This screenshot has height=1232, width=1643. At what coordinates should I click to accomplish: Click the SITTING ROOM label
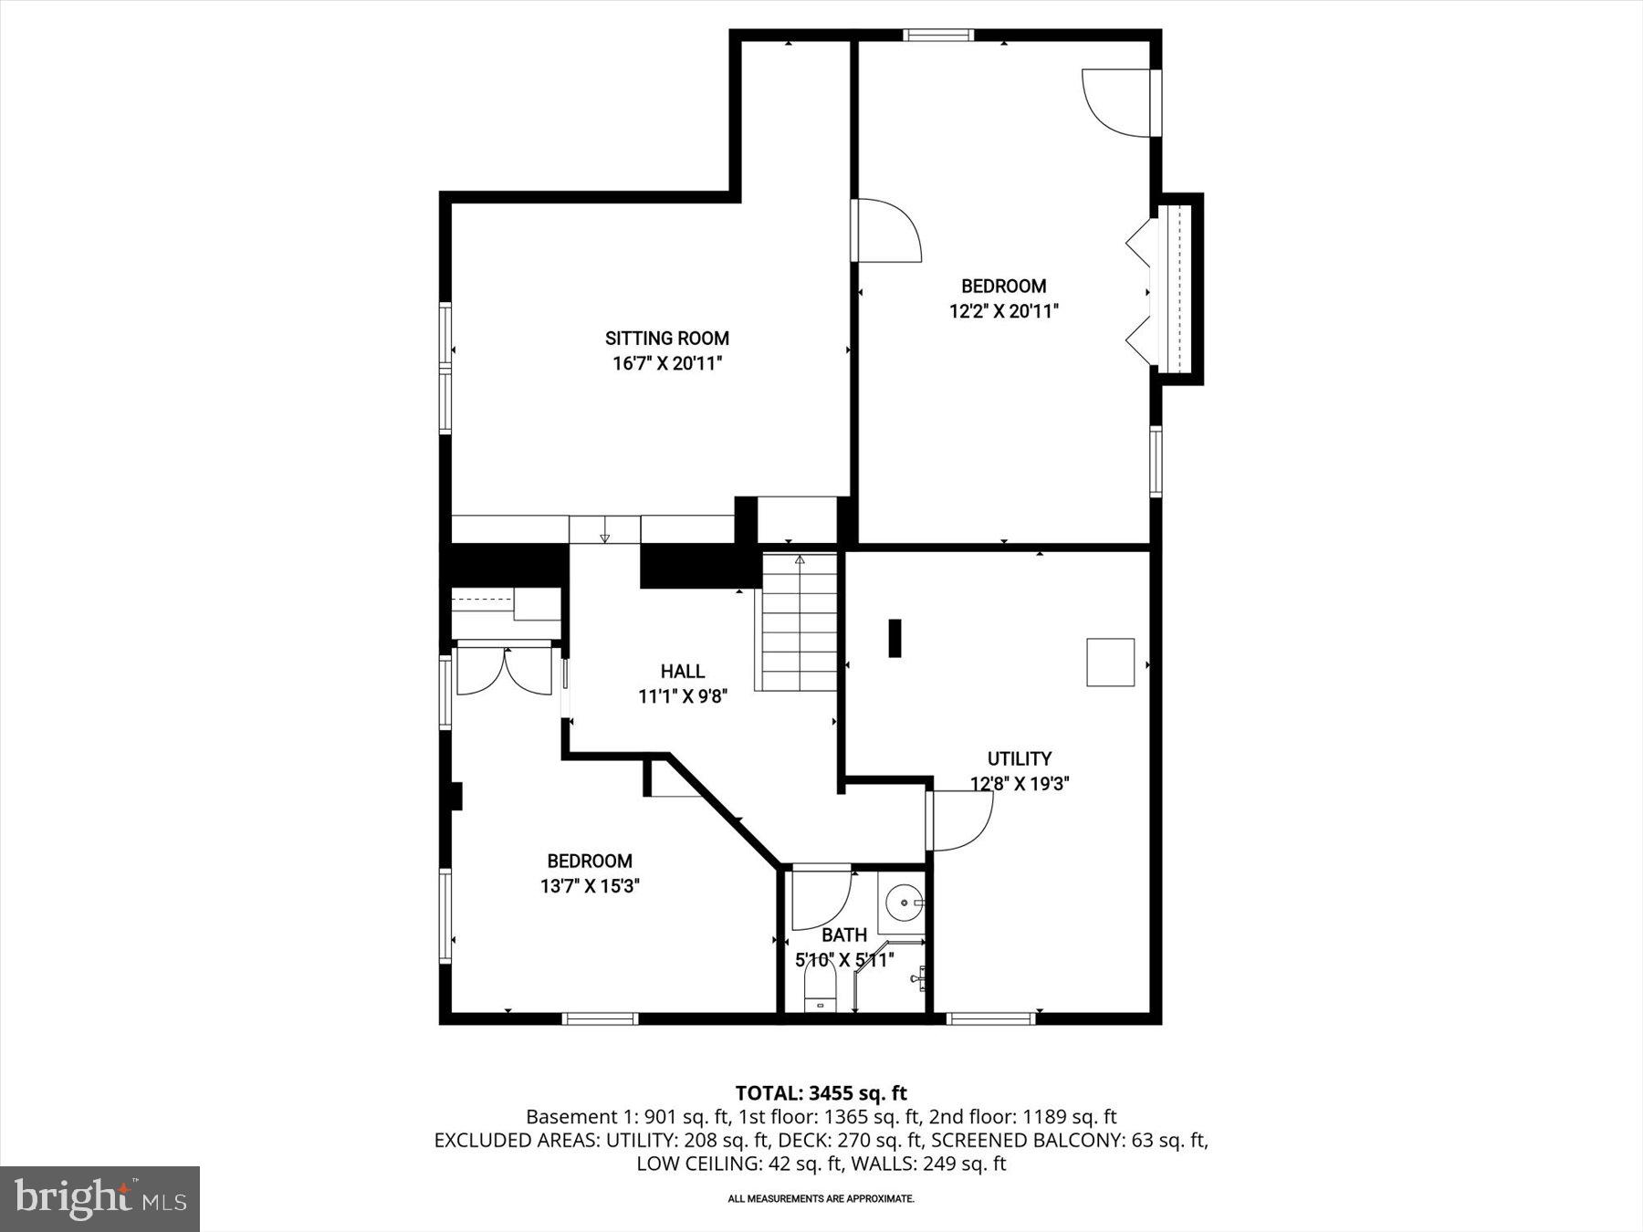click(667, 339)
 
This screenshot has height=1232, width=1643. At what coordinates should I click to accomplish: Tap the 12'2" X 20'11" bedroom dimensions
click(1003, 311)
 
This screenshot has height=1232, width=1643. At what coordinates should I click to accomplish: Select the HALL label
click(682, 672)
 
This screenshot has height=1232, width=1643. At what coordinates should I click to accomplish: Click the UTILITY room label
click(1019, 758)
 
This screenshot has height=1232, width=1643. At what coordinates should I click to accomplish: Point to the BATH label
click(843, 935)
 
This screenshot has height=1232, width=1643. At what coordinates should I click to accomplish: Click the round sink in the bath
click(905, 903)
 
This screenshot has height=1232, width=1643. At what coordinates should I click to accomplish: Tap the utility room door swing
click(960, 820)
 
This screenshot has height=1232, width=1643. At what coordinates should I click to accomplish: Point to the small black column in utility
click(895, 638)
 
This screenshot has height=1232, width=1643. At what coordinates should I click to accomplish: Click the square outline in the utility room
click(1110, 662)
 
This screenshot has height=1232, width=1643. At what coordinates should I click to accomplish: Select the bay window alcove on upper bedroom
click(1179, 288)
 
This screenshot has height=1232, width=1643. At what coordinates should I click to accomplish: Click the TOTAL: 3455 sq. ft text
click(821, 1092)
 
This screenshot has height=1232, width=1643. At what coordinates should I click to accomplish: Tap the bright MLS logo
click(99, 1198)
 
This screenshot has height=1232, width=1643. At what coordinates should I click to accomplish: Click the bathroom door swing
click(820, 899)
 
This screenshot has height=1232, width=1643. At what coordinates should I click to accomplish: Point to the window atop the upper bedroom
click(938, 36)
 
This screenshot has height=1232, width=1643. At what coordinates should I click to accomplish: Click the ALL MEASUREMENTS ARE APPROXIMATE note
click(821, 1198)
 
